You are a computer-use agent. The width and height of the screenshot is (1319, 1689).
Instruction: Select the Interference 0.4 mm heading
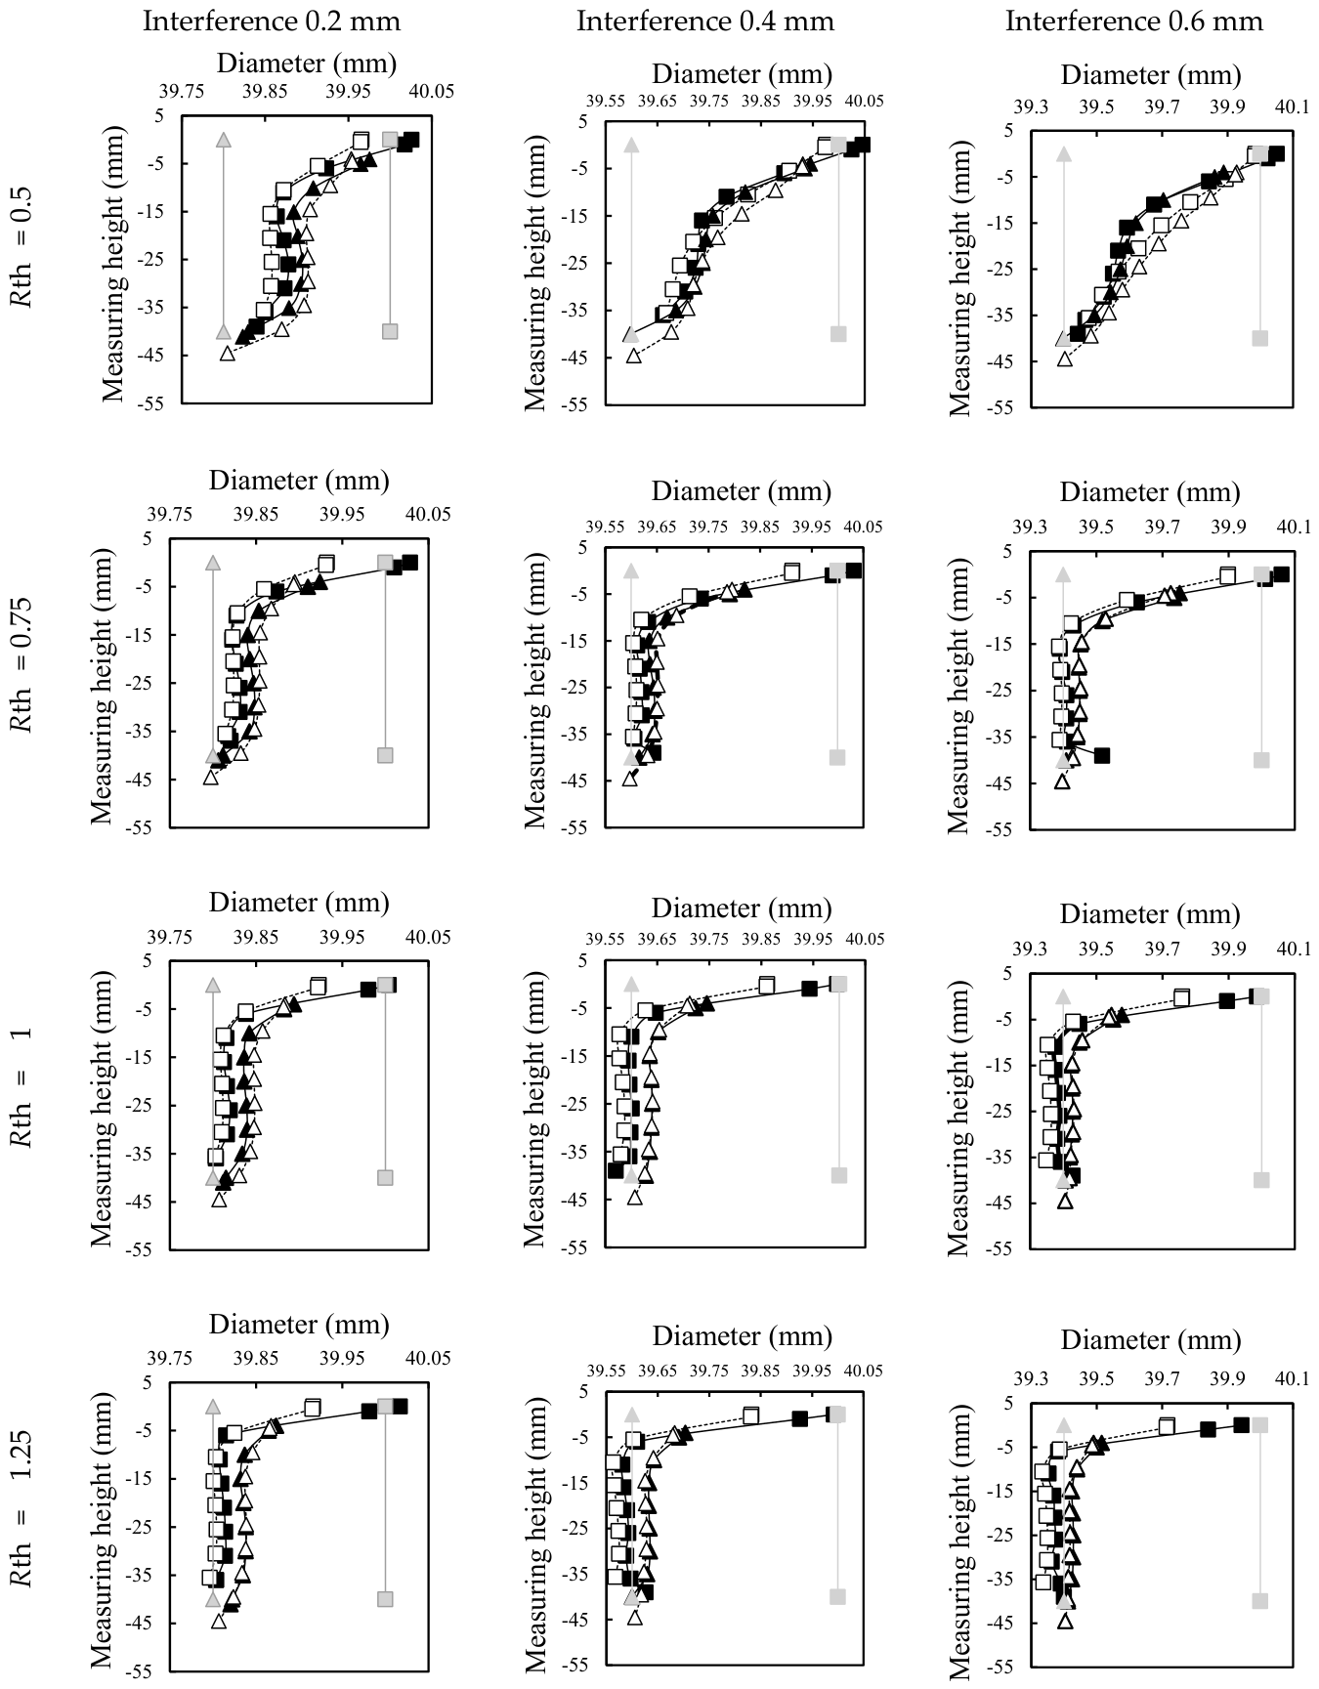(705, 21)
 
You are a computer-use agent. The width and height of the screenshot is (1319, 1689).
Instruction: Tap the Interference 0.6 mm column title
(1134, 21)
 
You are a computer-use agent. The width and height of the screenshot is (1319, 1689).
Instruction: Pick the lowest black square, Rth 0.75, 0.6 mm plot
(1102, 755)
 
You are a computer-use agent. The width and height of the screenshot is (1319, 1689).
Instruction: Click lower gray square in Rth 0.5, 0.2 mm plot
(390, 331)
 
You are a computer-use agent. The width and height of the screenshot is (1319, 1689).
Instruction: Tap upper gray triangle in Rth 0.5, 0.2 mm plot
(224, 140)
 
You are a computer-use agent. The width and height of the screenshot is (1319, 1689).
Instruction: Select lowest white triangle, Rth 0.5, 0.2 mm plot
(228, 354)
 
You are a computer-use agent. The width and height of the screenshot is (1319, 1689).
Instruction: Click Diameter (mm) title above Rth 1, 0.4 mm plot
(742, 908)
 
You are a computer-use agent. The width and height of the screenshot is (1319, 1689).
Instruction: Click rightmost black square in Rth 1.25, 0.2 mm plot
(400, 1406)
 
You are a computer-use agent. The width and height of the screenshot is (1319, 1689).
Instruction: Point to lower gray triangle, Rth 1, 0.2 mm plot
(213, 1177)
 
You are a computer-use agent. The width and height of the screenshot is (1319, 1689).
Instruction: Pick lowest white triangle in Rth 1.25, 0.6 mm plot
(1065, 1621)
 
